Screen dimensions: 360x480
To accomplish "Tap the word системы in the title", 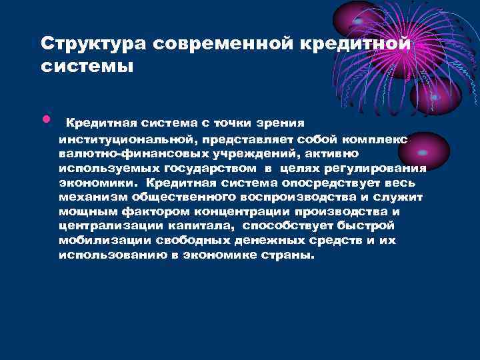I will click(x=87, y=67).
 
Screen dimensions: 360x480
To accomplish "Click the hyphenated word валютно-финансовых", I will click(x=121, y=153).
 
